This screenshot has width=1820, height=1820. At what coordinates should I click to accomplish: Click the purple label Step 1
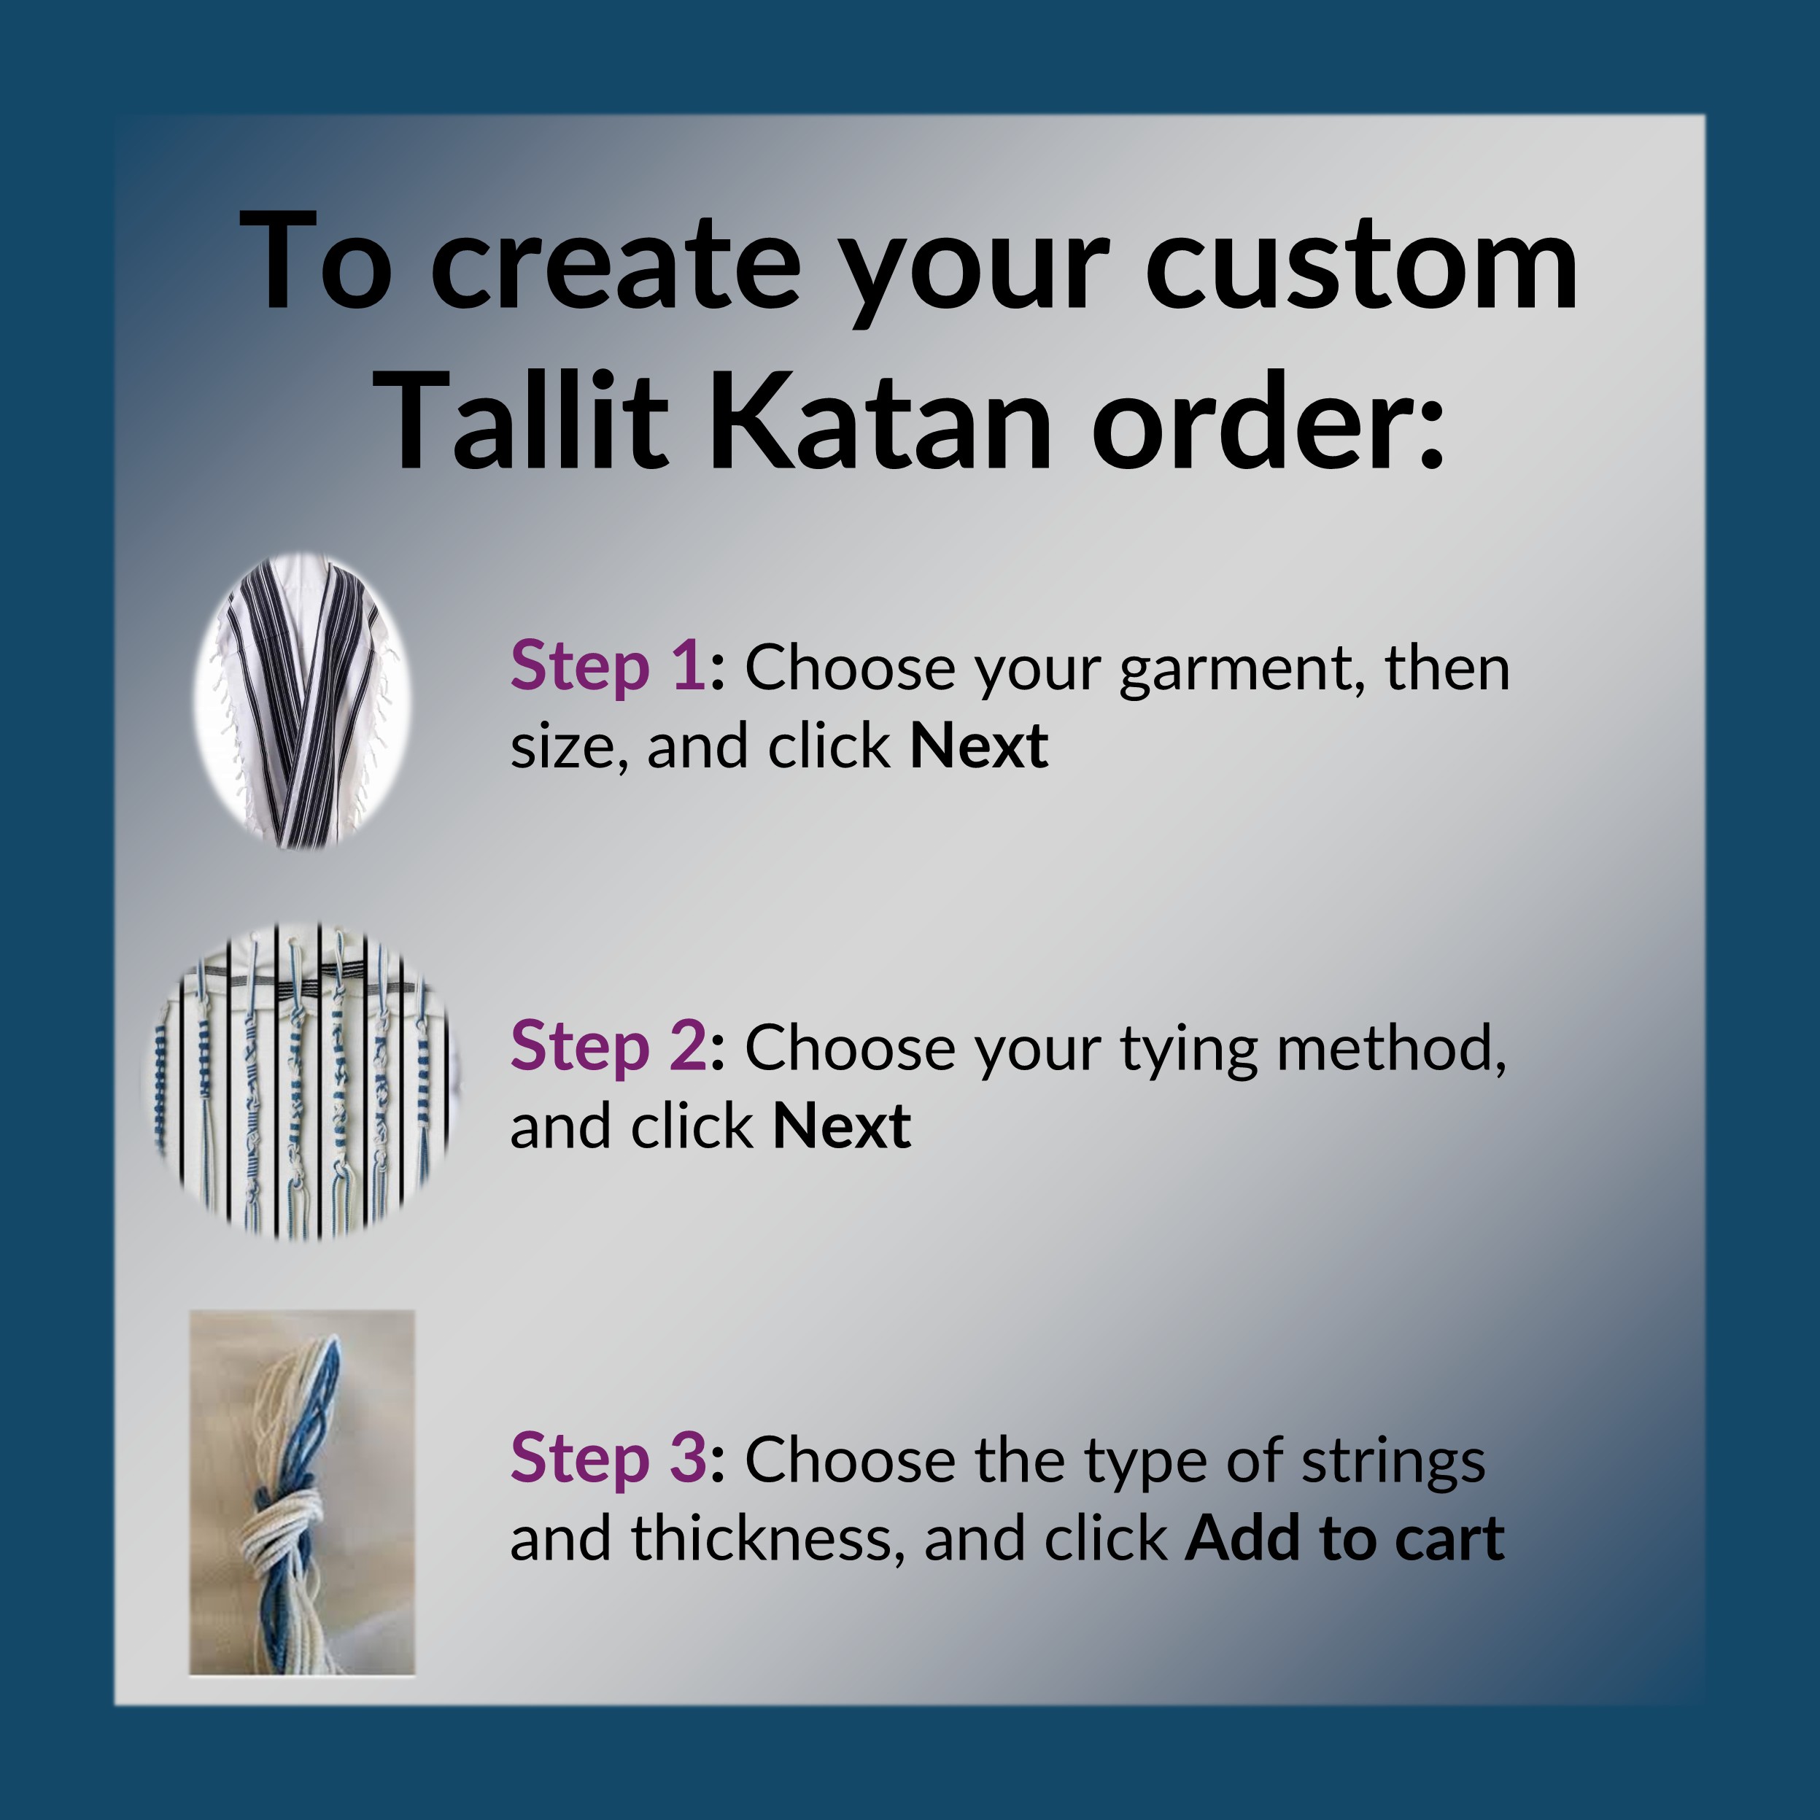click(x=608, y=667)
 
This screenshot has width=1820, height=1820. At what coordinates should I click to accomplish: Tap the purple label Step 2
click(x=608, y=1047)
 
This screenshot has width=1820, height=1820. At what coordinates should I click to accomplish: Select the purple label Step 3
click(x=608, y=1458)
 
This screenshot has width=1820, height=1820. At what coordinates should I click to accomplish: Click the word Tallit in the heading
click(x=527, y=417)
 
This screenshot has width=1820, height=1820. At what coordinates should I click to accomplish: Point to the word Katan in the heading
click(x=879, y=417)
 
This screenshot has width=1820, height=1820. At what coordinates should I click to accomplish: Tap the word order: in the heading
click(x=1268, y=417)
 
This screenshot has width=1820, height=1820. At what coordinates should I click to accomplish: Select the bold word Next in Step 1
click(x=979, y=746)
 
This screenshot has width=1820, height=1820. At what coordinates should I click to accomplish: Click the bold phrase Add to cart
click(x=1344, y=1538)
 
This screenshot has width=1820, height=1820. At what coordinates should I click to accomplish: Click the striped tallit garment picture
click(x=303, y=701)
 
